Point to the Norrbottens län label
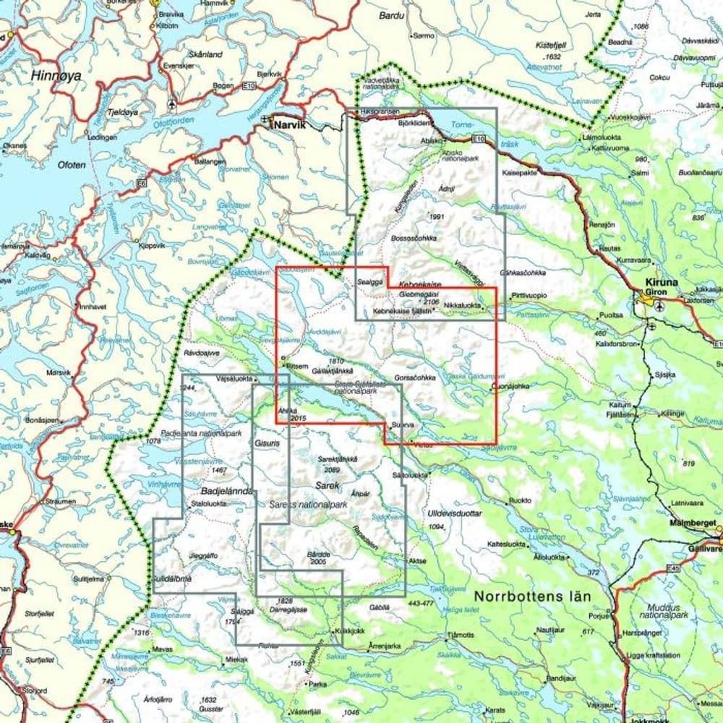[533, 596]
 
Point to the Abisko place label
[430, 142]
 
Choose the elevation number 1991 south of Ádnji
[435, 217]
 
